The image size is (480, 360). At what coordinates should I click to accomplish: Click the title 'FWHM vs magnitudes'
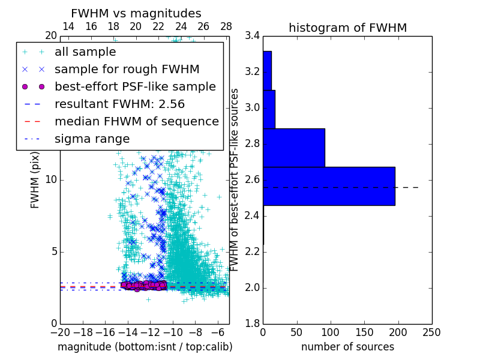click(136, 13)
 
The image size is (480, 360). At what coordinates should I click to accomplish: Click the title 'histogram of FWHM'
click(348, 28)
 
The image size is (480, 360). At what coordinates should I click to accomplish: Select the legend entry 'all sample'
click(85, 52)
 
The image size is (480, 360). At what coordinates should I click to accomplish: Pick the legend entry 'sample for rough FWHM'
click(127, 70)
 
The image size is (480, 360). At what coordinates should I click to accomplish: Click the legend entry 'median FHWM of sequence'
click(136, 122)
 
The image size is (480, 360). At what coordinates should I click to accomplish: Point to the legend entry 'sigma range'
click(92, 139)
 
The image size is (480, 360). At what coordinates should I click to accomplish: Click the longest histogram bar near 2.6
click(329, 186)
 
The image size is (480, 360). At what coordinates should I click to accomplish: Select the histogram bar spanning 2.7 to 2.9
click(294, 148)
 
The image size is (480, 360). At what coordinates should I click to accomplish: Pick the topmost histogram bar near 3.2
click(267, 71)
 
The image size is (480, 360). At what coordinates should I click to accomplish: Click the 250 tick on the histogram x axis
click(432, 332)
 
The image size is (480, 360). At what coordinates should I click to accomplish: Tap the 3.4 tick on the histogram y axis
click(253, 36)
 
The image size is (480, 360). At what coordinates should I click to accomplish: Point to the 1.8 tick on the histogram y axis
click(253, 324)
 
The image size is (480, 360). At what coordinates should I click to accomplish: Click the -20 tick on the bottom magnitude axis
click(60, 332)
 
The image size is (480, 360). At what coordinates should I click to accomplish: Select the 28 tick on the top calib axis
click(226, 26)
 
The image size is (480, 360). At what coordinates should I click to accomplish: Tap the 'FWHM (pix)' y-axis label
click(35, 180)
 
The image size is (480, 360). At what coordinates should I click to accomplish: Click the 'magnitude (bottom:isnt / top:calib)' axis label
click(145, 347)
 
